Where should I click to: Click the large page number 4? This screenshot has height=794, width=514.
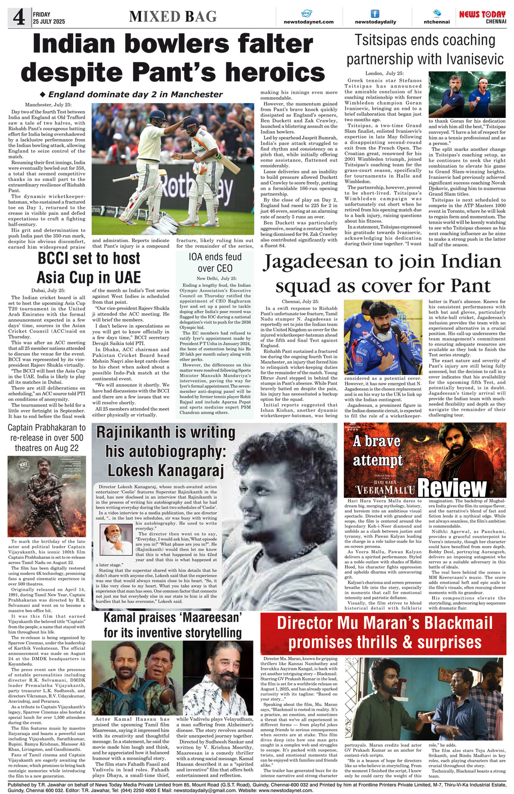pyautogui.click(x=18, y=17)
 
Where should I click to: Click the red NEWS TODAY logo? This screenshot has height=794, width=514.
pyautogui.click(x=482, y=14)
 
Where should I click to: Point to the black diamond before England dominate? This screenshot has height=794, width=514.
pyautogui.click(x=42, y=94)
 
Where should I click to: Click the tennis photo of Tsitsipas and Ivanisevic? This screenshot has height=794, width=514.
pyautogui.click(x=467, y=94)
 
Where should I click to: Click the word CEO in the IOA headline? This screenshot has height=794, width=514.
pyautogui.click(x=224, y=268)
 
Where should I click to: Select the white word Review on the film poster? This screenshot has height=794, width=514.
pyautogui.click(x=452, y=487)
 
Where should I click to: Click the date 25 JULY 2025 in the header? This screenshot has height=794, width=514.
pyautogui.click(x=49, y=21)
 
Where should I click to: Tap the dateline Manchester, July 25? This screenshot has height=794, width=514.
pyautogui.click(x=48, y=105)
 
